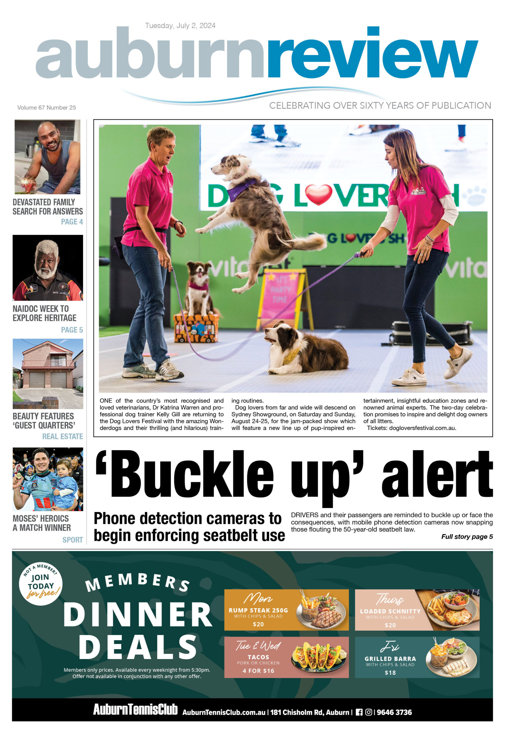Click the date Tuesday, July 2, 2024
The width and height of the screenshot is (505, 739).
(x=180, y=25)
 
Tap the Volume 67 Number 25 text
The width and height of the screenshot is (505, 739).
(x=47, y=107)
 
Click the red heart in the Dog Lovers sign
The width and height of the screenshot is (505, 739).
(x=318, y=194)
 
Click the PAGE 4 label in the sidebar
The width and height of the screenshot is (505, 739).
(x=72, y=222)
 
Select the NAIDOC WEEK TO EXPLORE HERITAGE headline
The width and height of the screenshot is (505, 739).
(x=44, y=313)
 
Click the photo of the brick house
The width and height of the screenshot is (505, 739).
(x=48, y=374)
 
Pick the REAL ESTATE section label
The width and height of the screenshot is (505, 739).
(x=62, y=436)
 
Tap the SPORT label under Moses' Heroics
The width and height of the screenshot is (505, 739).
(x=73, y=540)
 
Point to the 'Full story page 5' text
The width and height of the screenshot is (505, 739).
(x=467, y=536)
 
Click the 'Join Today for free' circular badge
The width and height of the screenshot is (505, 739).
(x=41, y=584)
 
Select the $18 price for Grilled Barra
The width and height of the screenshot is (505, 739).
(x=390, y=673)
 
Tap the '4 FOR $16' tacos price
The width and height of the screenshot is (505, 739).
(x=258, y=671)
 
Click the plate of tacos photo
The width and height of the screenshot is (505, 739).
(x=318, y=657)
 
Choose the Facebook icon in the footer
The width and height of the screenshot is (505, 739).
(x=359, y=712)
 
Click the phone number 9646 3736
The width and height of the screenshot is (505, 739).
(x=394, y=712)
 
